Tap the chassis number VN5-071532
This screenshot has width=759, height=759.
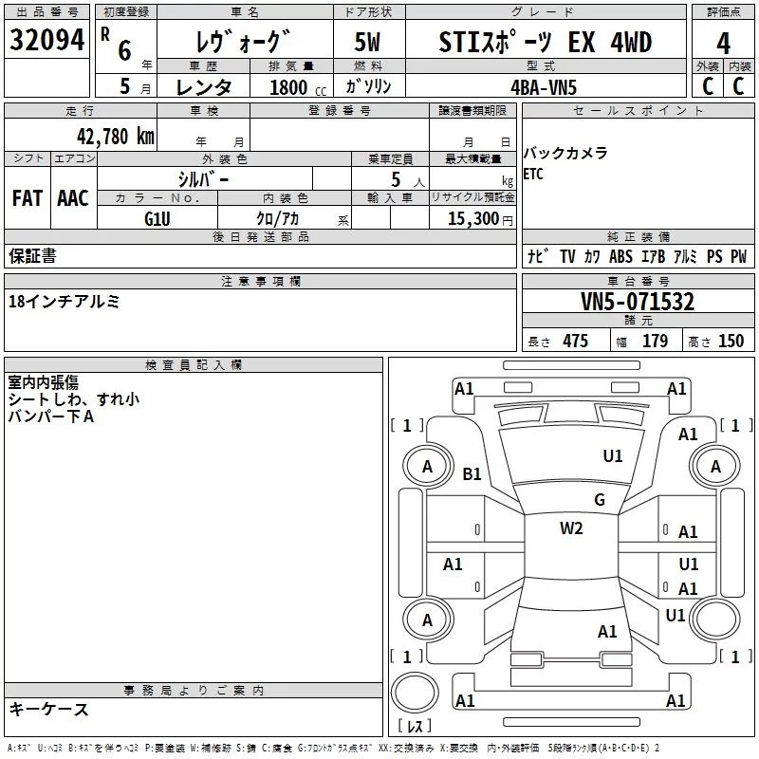638,303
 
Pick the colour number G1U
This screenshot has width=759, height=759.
157,218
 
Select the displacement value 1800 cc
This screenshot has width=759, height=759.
290,87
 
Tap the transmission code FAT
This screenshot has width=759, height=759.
27,198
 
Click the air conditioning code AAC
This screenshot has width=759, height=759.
72,198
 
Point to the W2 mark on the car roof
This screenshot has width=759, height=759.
571,528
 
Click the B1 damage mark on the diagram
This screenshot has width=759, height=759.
472,473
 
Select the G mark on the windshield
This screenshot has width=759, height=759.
599,499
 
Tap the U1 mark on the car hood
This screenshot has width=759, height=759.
613,455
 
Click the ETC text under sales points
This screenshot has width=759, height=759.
533,174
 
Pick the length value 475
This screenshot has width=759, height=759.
575,342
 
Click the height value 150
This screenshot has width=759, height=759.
731,342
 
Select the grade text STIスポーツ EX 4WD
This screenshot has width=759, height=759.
546,43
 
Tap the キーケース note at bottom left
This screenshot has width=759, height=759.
48,710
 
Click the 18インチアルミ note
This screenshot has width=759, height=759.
64,302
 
